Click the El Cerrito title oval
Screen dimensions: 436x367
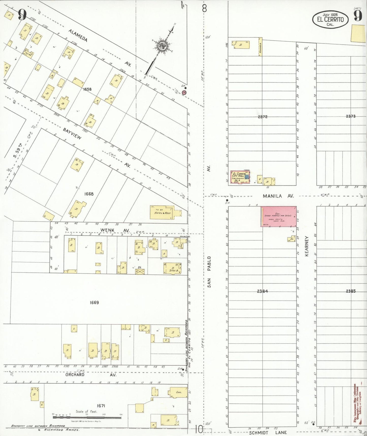coord(330,20)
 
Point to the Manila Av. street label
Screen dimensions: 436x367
coord(278,196)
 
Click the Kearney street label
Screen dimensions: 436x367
coord(307,246)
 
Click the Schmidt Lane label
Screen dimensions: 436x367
coord(268,432)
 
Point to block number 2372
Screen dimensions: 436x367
coord(262,117)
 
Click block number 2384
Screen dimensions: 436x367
coord(262,291)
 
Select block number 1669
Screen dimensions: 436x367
coord(94,302)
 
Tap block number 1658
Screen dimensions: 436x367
coord(87,89)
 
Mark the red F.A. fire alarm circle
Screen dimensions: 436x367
coord(184,93)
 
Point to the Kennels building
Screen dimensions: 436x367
coord(260,47)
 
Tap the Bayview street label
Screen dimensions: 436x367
coord(72,134)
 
